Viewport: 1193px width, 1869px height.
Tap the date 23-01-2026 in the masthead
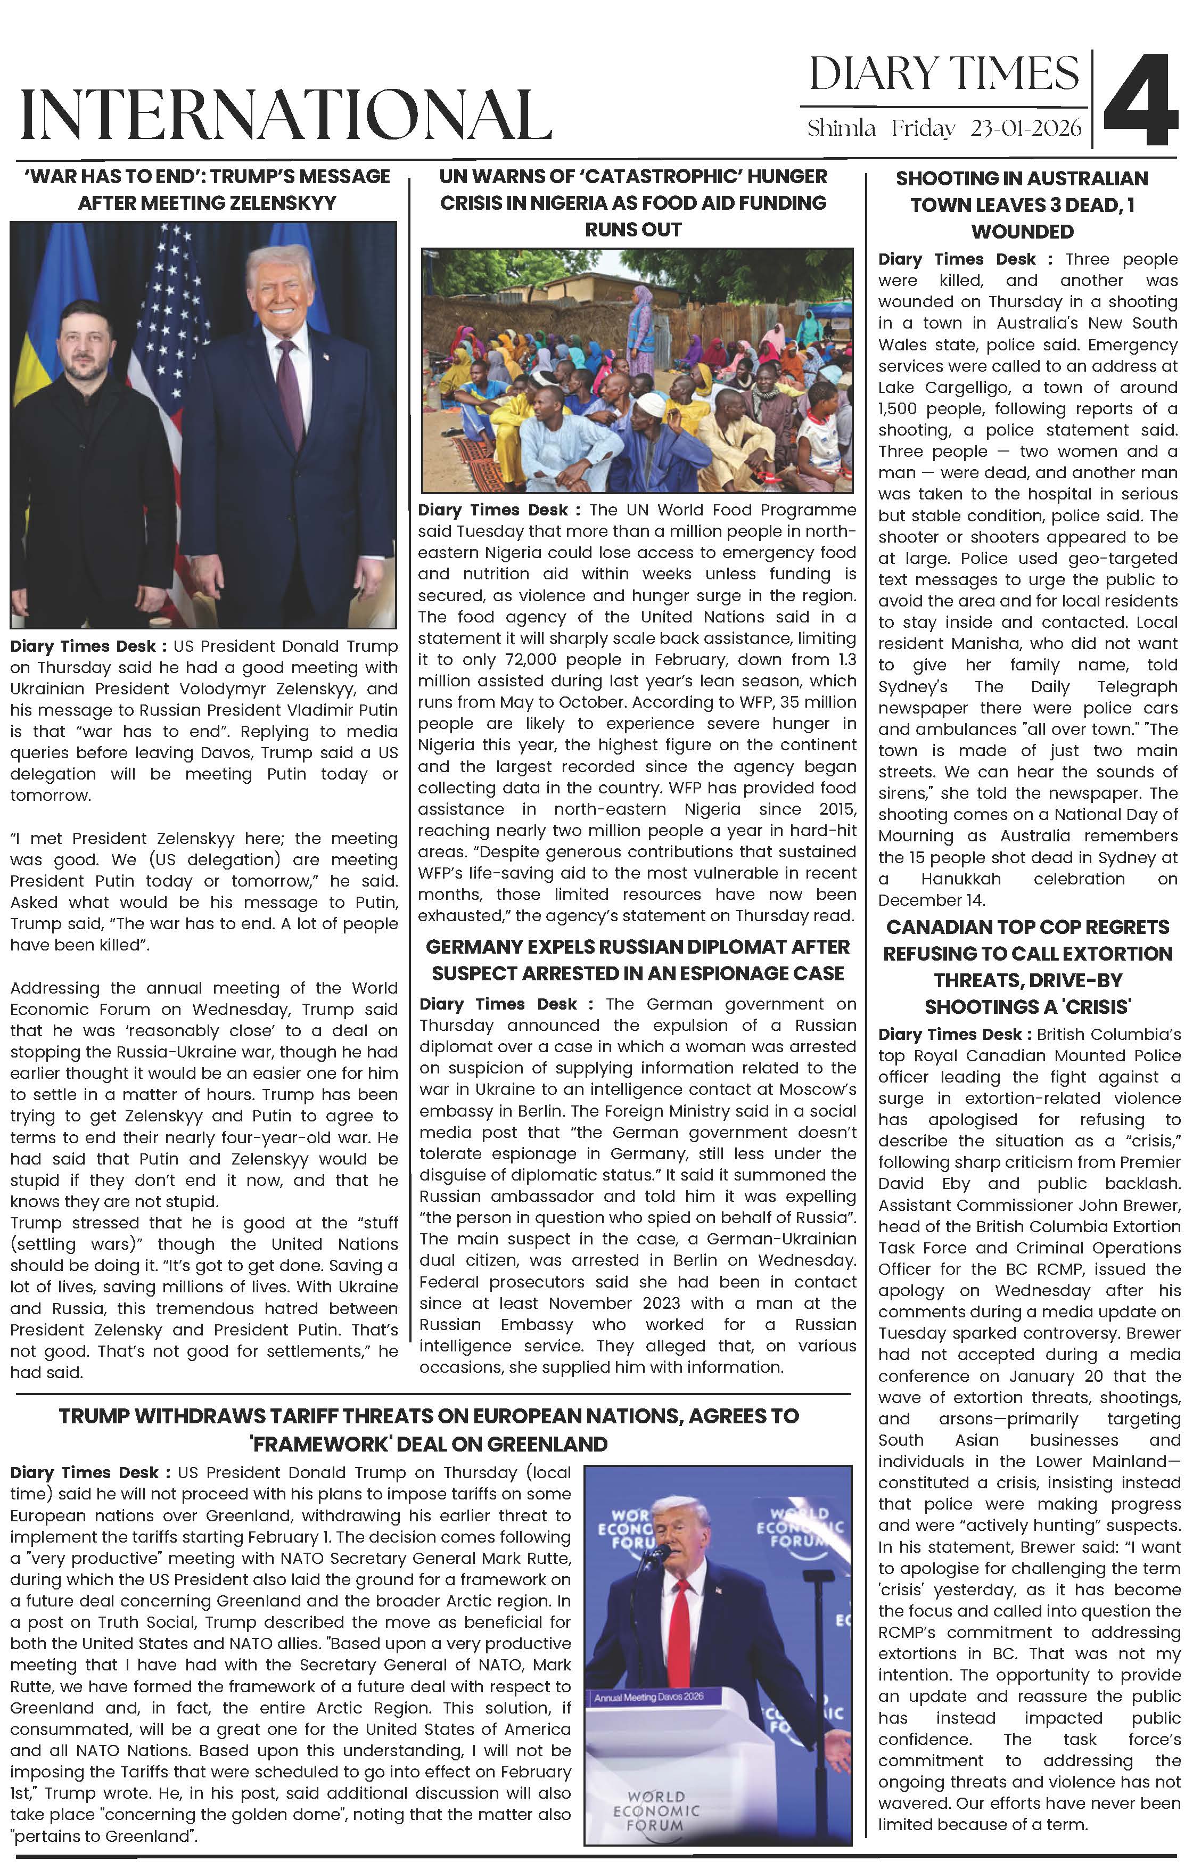tap(1025, 128)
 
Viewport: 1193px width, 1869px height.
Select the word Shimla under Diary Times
tap(842, 128)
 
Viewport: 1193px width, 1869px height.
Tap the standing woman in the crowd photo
tap(640, 326)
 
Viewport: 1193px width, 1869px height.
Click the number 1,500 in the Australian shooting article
tap(897, 409)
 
